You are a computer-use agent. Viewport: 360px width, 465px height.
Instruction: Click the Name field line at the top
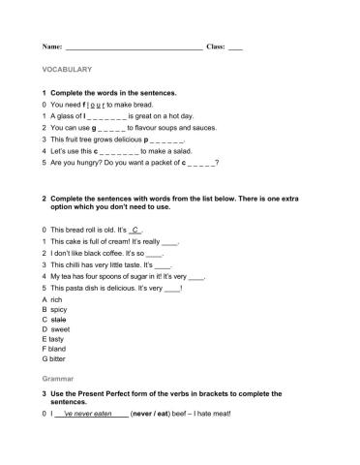coord(134,47)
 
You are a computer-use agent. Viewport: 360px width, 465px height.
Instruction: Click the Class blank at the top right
coord(235,47)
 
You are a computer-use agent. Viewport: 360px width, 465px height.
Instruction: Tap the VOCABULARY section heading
coord(67,70)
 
